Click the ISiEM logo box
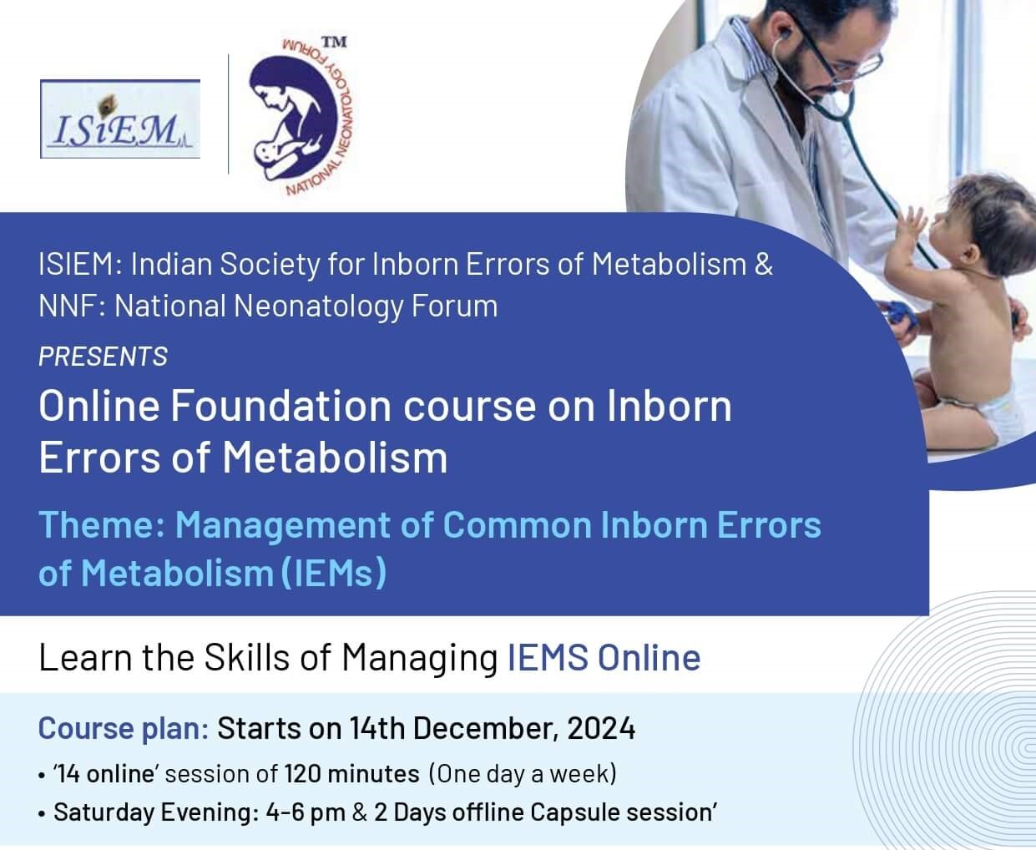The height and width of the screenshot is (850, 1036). pos(120,119)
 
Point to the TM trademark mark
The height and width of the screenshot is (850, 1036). pos(334,43)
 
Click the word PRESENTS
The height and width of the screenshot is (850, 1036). pos(104,357)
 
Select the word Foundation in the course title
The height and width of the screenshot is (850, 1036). pos(280,407)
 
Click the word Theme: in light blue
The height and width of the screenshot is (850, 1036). pos(102,524)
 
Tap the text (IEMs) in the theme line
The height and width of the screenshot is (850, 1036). pos(334,573)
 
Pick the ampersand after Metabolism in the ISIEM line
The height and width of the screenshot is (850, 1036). pos(763,265)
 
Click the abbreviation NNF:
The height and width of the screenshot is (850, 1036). pos(72,306)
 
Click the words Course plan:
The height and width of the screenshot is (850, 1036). pos(124,729)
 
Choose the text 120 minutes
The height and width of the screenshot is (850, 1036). pos(351,774)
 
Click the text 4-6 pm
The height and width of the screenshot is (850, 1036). pos(306,812)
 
